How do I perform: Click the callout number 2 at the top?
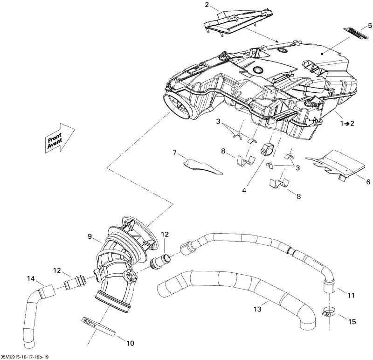tap(207, 5)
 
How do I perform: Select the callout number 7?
tap(175, 152)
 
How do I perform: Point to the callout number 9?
tap(90, 236)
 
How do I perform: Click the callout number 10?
tap(130, 343)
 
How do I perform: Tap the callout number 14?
tap(31, 279)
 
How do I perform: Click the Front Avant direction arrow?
tap(60, 138)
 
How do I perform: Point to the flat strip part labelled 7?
tap(203, 166)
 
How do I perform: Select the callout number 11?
tap(351, 295)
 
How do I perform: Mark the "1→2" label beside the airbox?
tap(347, 123)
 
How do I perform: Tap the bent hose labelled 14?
tap(33, 317)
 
